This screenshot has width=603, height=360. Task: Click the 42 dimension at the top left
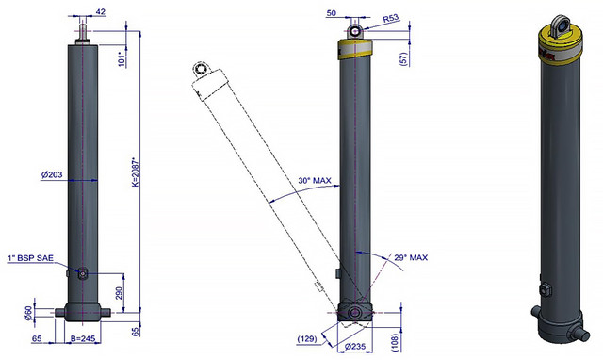pyautogui.click(x=100, y=12)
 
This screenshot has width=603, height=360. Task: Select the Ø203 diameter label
pyautogui.click(x=52, y=174)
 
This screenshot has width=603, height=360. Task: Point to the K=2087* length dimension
pyautogui.click(x=135, y=172)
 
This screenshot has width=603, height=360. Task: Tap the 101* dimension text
pyautogui.click(x=122, y=59)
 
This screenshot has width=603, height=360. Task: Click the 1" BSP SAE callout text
pyautogui.click(x=30, y=258)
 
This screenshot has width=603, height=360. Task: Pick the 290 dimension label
pyautogui.click(x=119, y=293)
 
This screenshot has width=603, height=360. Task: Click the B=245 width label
pyautogui.click(x=83, y=339)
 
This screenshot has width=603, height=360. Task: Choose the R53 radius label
pyautogui.click(x=391, y=19)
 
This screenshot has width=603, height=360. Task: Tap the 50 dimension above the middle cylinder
pyautogui.click(x=331, y=13)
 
